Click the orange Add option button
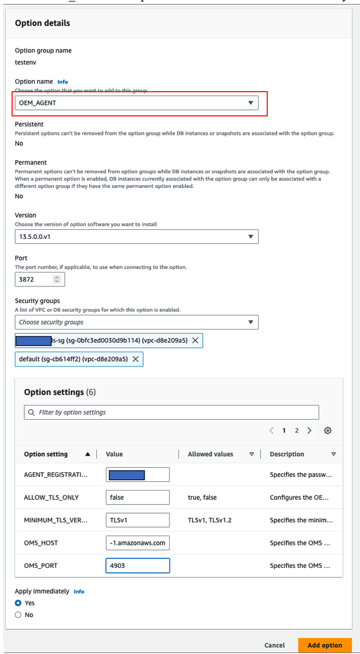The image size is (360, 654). pyautogui.click(x=325, y=645)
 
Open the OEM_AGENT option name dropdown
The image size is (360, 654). pyautogui.click(x=137, y=103)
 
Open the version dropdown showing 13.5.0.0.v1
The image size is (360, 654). pyautogui.click(x=137, y=236)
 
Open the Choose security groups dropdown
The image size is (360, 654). pyautogui.click(x=137, y=322)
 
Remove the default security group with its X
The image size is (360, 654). pyautogui.click(x=136, y=359)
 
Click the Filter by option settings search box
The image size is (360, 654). pyautogui.click(x=171, y=412)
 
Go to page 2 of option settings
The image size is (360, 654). pyautogui.click(x=297, y=430)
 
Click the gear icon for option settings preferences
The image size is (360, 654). pyautogui.click(x=328, y=430)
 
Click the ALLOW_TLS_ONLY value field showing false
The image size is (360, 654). pyautogui.click(x=138, y=497)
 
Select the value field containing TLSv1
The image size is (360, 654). pyautogui.click(x=138, y=520)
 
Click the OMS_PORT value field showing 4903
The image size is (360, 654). pyautogui.click(x=138, y=565)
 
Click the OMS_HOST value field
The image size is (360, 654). pyautogui.click(x=138, y=543)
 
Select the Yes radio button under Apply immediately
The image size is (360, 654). pyautogui.click(x=18, y=603)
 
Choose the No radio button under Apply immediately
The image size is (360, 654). pyautogui.click(x=18, y=615)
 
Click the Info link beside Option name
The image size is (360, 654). pyautogui.click(x=63, y=82)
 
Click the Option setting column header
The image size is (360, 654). pyautogui.click(x=46, y=454)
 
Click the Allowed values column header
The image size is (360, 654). pyautogui.click(x=211, y=454)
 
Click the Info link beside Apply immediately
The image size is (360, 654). pyautogui.click(x=79, y=592)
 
